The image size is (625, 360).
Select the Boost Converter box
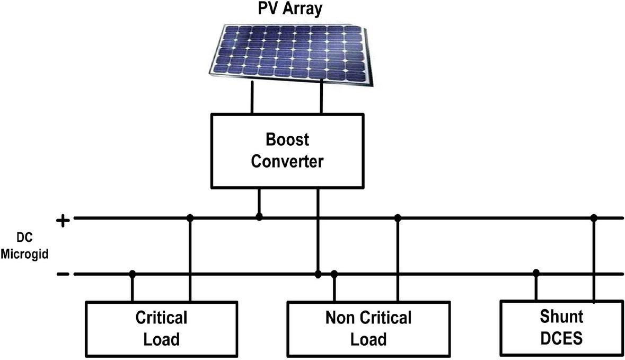tap(287, 150)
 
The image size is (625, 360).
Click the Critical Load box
tap(162, 328)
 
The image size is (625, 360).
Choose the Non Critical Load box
tap(368, 328)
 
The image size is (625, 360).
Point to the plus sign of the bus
tap(63, 220)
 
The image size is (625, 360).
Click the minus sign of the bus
tap(63, 274)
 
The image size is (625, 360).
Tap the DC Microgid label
tap(24, 247)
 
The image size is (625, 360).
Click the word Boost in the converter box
tap(287, 141)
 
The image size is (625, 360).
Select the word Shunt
tap(561, 317)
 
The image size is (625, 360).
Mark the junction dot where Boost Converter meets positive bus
tap(259, 217)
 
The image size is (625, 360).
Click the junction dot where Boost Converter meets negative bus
tap(318, 274)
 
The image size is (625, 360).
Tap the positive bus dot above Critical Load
tap(190, 217)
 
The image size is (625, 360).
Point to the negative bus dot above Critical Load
tap(133, 274)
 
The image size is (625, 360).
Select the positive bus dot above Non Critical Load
tap(398, 217)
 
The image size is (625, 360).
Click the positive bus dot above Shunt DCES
tap(594, 217)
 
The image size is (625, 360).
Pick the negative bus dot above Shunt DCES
tap(536, 273)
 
